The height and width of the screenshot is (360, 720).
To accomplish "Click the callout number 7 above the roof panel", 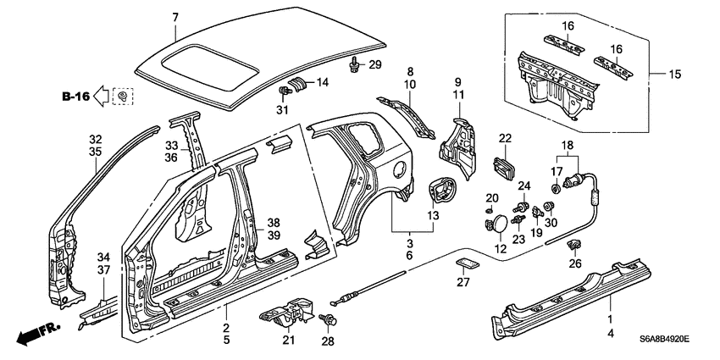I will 174,17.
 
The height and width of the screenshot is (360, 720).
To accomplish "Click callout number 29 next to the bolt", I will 374,65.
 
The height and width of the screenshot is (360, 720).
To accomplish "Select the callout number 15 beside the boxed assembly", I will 674,75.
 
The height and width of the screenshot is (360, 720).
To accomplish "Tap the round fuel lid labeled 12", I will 501,222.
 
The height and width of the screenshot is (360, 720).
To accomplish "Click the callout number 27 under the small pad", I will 463,284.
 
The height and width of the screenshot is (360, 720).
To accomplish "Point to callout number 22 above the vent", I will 505,138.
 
